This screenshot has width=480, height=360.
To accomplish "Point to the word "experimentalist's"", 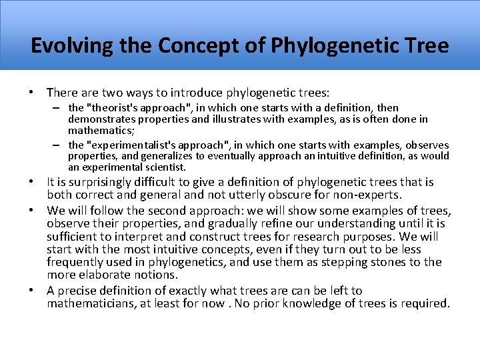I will coord(130,145).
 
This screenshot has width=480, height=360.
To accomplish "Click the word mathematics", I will coord(98,130).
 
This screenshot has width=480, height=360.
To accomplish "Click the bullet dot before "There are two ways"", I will coord(33,92).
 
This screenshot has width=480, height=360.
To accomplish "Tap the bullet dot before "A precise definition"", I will coord(33,291).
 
